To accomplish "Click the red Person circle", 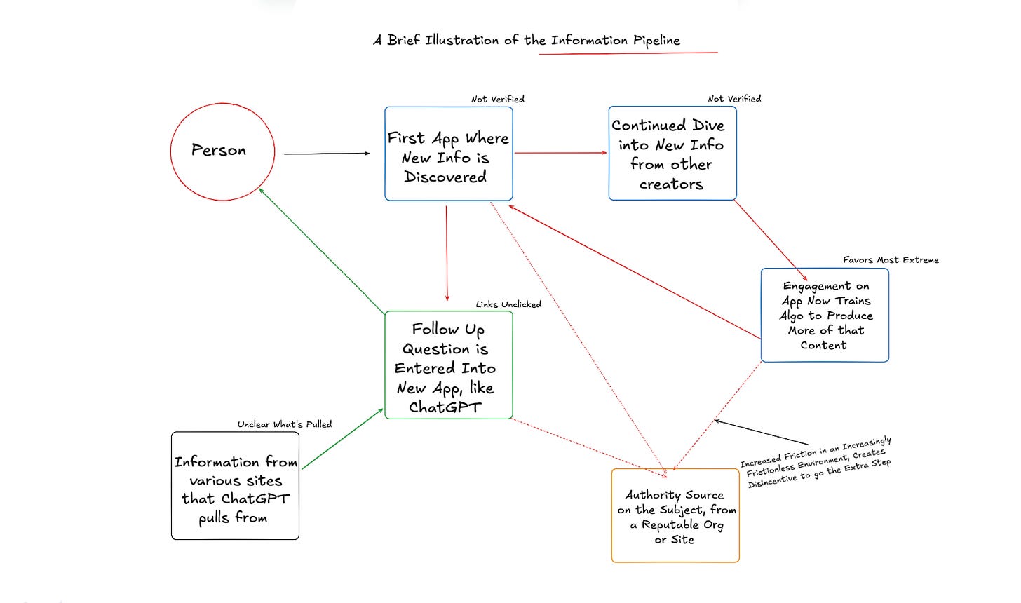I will click(x=222, y=151).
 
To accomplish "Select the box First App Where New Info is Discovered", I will click(x=448, y=154).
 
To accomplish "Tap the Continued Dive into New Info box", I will click(x=672, y=154).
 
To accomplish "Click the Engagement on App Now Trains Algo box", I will click(x=825, y=315).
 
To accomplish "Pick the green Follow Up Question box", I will click(x=448, y=365).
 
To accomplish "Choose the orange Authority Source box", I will click(x=675, y=516).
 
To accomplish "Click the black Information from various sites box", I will click(x=235, y=486).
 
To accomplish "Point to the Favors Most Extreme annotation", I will click(x=891, y=260).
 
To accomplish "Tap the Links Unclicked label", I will click(x=508, y=304).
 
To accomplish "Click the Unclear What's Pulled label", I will click(x=284, y=424).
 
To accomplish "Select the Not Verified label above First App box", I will click(x=497, y=100).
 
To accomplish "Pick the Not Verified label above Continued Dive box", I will click(x=734, y=99).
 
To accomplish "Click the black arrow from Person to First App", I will click(x=326, y=154).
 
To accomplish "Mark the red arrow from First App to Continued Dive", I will click(x=560, y=153).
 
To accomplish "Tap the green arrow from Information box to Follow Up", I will click(x=342, y=439).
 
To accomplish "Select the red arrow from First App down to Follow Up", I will click(x=447, y=252).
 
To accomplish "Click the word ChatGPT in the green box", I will click(x=445, y=407).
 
